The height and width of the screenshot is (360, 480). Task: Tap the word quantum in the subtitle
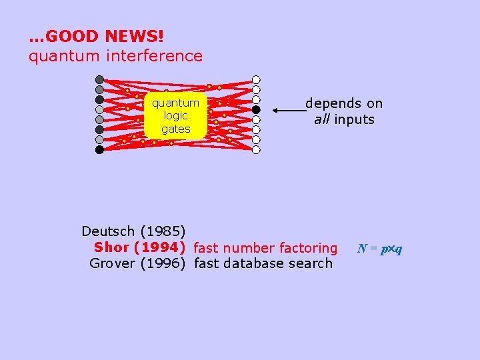(57, 56)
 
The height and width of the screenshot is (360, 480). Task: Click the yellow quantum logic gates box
(175, 115)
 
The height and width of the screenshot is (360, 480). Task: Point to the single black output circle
(256, 109)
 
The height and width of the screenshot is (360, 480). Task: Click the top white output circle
(256, 79)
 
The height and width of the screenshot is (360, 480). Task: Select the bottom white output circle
(256, 149)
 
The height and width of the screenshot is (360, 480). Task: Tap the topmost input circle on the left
(99, 79)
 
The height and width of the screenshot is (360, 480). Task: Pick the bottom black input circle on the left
(99, 149)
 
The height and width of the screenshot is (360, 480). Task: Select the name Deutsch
(109, 231)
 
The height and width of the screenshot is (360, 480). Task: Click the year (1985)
(163, 231)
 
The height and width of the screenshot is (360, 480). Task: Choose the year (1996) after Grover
(163, 263)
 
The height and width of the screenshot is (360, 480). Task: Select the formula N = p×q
(380, 249)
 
